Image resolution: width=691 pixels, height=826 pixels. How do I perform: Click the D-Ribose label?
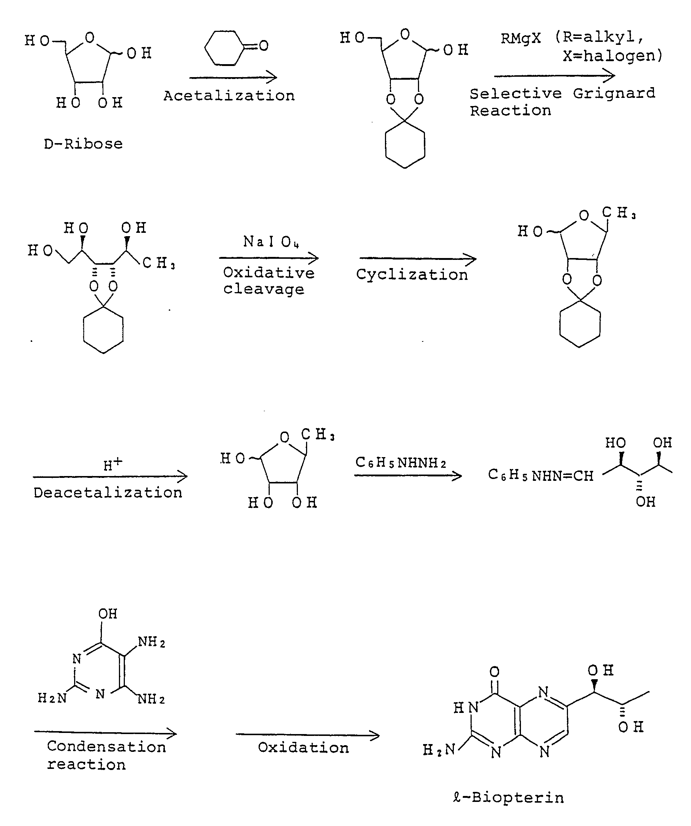(x=83, y=144)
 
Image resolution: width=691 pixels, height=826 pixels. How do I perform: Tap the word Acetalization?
(x=229, y=96)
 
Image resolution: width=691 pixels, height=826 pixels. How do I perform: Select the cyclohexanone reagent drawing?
(x=236, y=47)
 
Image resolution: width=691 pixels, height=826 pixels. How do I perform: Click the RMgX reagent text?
(x=521, y=38)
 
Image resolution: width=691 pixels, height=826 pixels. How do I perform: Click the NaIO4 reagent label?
(x=271, y=241)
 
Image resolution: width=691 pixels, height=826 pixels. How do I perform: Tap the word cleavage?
(x=264, y=289)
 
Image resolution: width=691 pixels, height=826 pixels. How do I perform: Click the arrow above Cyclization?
(x=418, y=259)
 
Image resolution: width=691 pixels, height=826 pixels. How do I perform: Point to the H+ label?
(x=113, y=464)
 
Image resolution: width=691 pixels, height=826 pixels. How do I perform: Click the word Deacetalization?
(x=108, y=492)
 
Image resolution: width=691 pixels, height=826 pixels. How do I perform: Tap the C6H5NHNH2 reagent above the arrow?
(x=401, y=463)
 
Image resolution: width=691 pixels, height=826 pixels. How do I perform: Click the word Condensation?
(x=106, y=747)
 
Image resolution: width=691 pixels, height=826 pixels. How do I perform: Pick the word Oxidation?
(x=303, y=748)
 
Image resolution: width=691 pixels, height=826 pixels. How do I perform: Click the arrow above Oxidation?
(x=308, y=735)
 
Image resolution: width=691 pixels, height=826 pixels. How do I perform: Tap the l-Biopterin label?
(x=509, y=798)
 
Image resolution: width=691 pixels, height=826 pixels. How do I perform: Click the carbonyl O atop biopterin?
(x=495, y=671)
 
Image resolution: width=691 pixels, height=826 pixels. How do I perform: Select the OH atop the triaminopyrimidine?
(x=108, y=614)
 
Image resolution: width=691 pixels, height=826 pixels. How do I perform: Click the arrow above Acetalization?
(x=233, y=77)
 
